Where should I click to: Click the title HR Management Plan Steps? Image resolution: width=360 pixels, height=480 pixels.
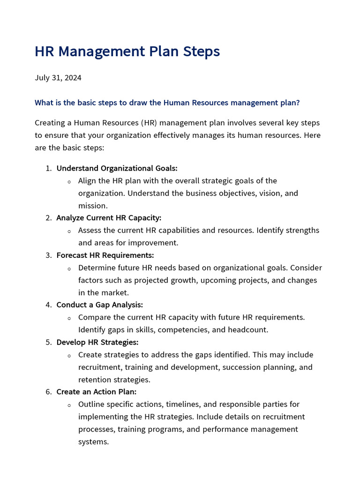click(x=127, y=52)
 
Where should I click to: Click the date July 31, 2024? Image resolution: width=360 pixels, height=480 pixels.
click(x=58, y=77)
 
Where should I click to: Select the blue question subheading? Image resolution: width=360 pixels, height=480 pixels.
click(x=167, y=103)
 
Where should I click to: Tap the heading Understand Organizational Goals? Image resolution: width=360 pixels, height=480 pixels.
click(x=117, y=168)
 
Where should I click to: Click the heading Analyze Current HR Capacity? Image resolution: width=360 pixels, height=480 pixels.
click(x=109, y=218)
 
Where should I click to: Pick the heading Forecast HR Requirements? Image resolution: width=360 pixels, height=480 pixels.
click(x=105, y=255)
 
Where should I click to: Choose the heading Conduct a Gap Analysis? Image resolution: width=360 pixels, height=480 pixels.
click(x=99, y=305)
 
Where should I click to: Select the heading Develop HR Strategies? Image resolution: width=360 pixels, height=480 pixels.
click(x=97, y=342)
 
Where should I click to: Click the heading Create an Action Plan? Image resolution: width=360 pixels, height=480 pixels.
click(x=97, y=392)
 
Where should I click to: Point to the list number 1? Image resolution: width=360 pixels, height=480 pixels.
click(x=48, y=168)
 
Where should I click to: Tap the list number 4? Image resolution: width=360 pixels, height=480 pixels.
click(x=48, y=305)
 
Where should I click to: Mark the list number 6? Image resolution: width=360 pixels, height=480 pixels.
click(x=48, y=392)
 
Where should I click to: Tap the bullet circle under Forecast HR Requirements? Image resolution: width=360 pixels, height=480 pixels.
click(x=69, y=269)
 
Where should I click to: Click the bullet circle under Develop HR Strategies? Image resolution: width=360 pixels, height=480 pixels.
click(x=69, y=355)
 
